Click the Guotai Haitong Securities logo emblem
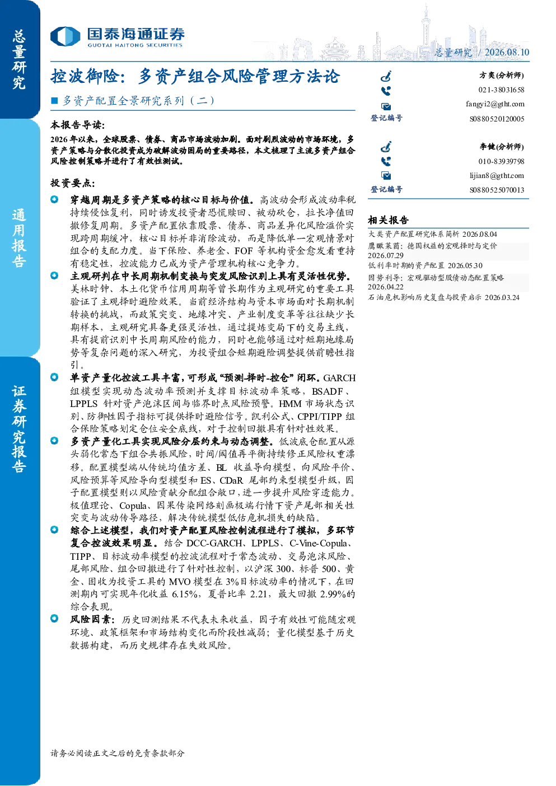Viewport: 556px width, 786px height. pos(66,36)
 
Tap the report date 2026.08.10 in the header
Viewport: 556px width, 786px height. pos(507,52)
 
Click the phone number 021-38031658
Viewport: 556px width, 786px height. pos(501,90)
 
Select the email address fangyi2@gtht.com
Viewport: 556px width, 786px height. pos(495,104)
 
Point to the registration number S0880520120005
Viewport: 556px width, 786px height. pos(497,119)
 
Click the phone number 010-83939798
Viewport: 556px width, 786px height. pos(501,161)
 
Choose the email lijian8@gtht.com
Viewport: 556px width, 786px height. pos(497,175)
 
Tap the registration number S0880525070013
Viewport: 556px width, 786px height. pos(497,190)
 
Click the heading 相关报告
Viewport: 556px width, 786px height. pos(388,221)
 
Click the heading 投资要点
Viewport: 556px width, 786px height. pos(73,183)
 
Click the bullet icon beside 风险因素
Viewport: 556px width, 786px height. pos(54,618)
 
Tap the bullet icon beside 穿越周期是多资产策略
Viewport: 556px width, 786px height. pos(54,199)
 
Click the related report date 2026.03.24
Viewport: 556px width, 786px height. pos(502,298)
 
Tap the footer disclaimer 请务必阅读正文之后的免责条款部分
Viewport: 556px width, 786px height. pos(117,754)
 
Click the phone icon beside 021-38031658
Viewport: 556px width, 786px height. pos(386,91)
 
